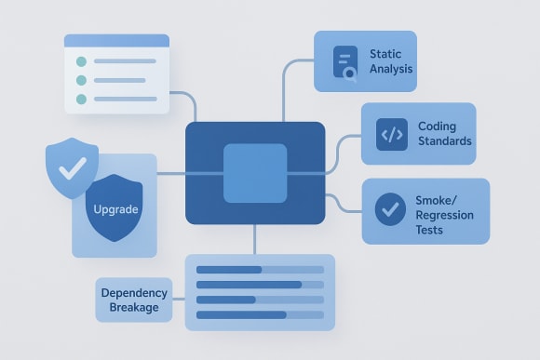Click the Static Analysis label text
coord(391,61)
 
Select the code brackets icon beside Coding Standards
coord(392,134)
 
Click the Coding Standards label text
coord(444,134)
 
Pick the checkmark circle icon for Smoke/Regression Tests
coord(389,208)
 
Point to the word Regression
coord(444,216)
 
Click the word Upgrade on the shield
coord(116,209)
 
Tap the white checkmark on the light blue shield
coord(72,168)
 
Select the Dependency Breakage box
coord(134,300)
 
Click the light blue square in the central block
coord(255,173)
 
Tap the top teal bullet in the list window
coord(80,62)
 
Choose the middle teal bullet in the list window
coord(80,80)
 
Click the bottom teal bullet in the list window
coord(80,99)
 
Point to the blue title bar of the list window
coord(116,41)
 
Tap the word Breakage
coord(134,307)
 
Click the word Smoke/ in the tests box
coord(444,201)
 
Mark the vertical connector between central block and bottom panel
coord(255,239)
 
